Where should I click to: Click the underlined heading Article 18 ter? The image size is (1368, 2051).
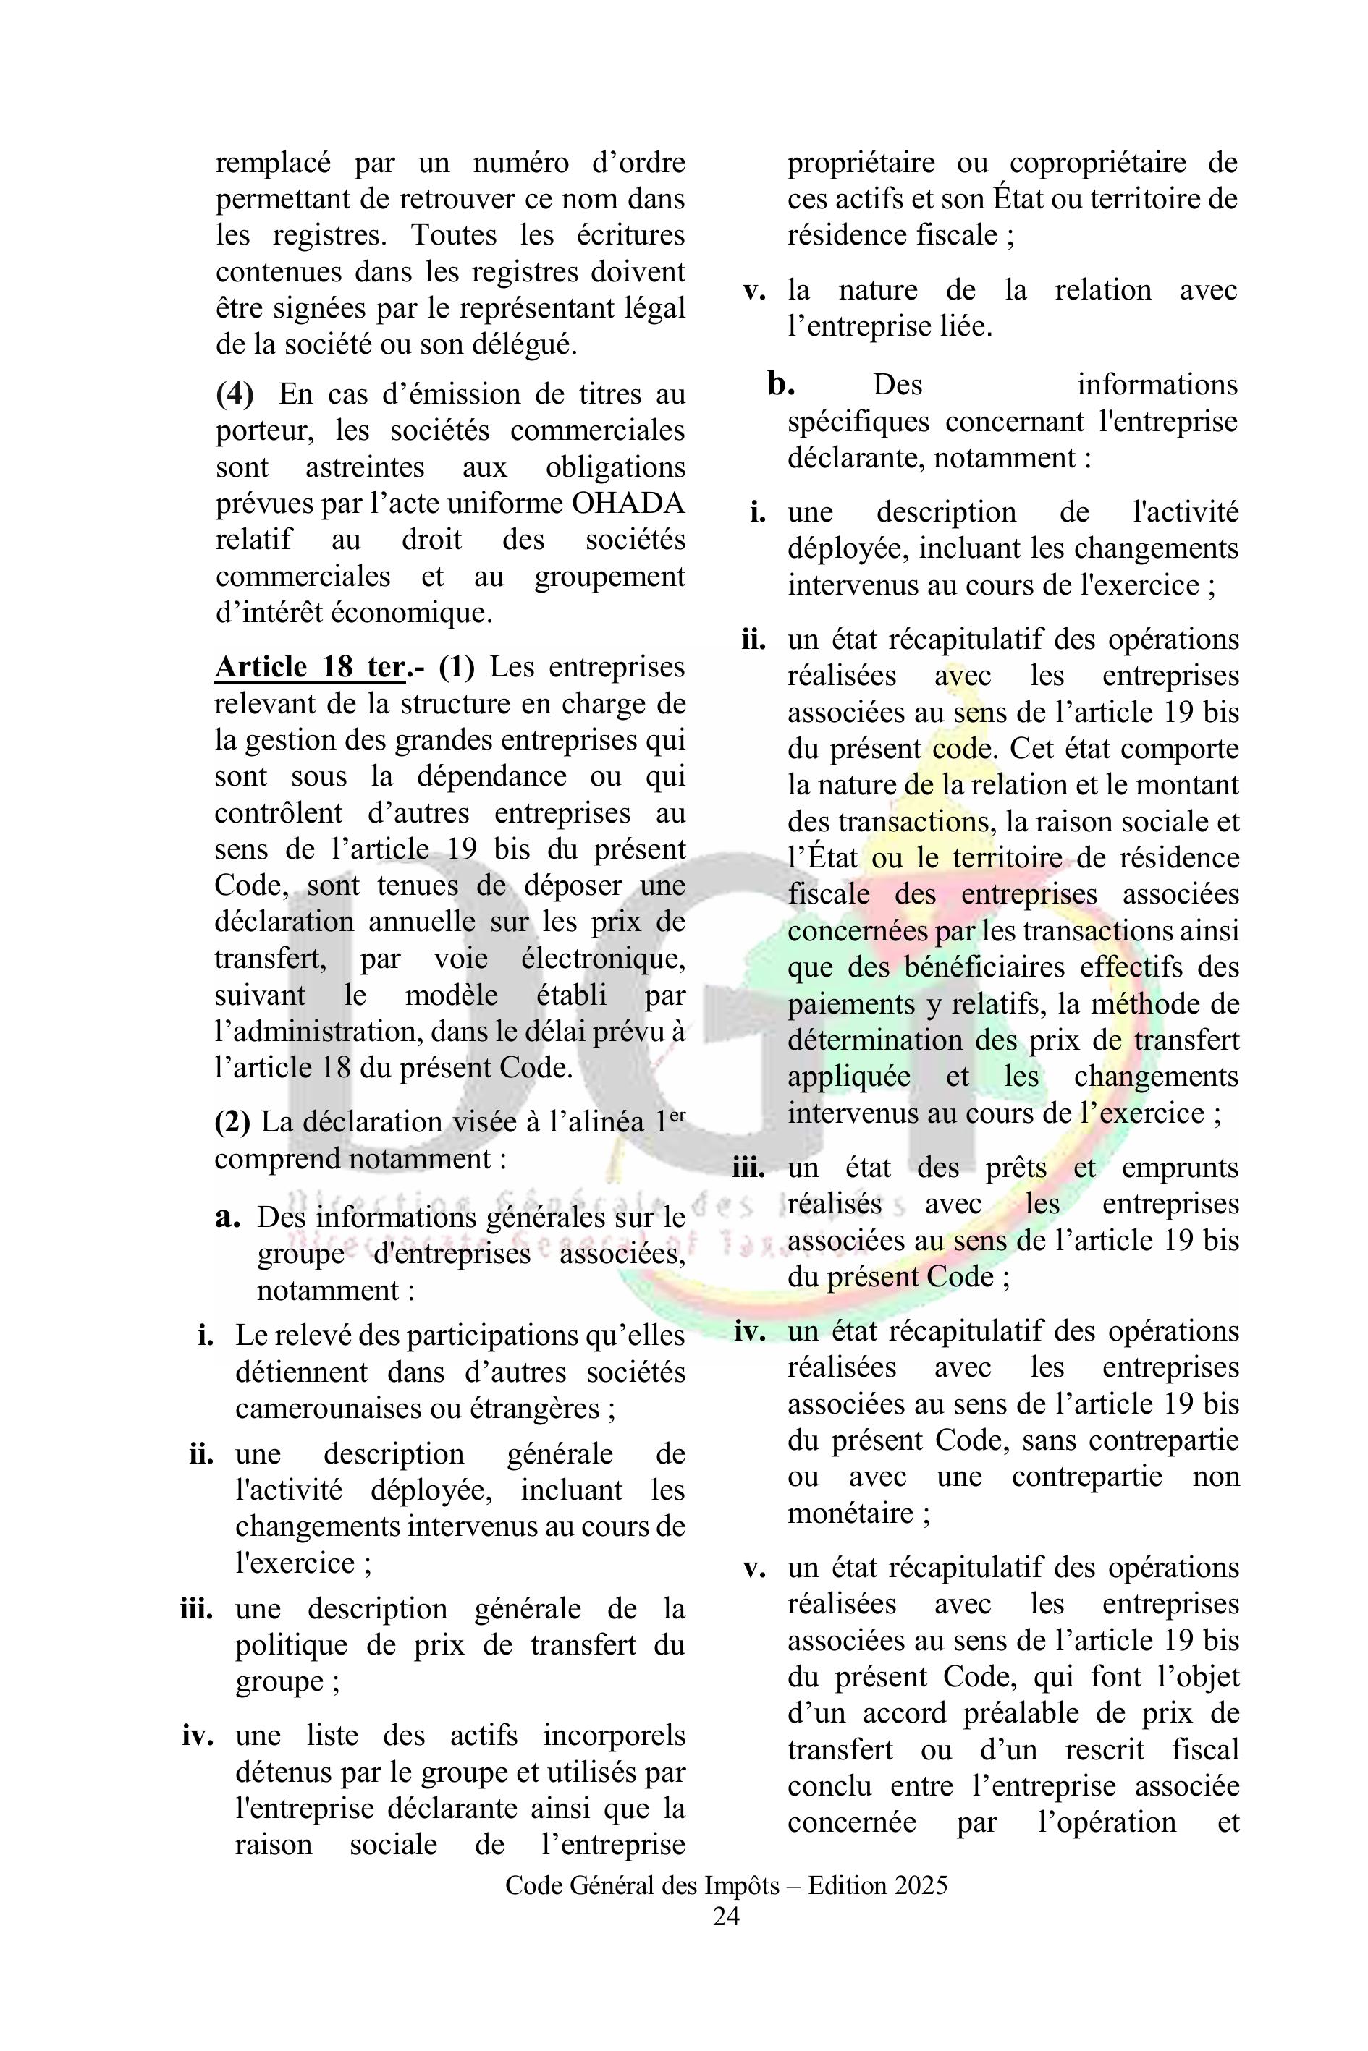point(310,667)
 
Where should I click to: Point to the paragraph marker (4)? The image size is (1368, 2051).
point(235,394)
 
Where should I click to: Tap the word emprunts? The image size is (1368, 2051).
point(1180,1168)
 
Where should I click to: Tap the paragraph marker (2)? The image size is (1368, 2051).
point(233,1122)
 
